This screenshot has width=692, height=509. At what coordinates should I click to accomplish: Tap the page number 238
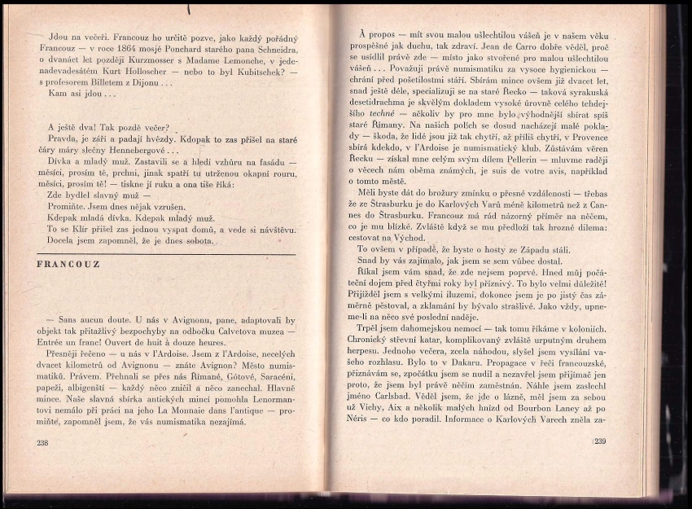pos(43,442)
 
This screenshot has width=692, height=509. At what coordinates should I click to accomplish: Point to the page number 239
pos(600,441)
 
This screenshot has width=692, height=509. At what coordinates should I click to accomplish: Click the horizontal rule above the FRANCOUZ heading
pos(166,254)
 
